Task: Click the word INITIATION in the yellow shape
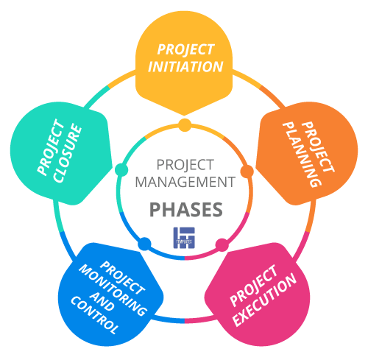[185, 67]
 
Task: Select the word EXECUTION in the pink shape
[265, 300]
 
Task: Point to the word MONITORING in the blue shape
[113, 290]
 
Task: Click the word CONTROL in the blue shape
[93, 315]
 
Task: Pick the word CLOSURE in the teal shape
[68, 154]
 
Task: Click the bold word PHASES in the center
[186, 210]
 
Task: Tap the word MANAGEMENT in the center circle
[185, 182]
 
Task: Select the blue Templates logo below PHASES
[184, 238]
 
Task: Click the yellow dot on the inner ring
[185, 125]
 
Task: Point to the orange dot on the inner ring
[247, 172]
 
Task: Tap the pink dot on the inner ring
[222, 245]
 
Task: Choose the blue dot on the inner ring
[144, 244]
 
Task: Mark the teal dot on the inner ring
[121, 169]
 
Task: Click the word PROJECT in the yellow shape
[185, 49]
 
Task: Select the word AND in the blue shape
[102, 302]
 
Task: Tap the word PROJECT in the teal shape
[50, 147]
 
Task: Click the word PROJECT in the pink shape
[254, 286]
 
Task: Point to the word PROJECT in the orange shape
[318, 147]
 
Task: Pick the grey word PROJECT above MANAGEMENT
[185, 165]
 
